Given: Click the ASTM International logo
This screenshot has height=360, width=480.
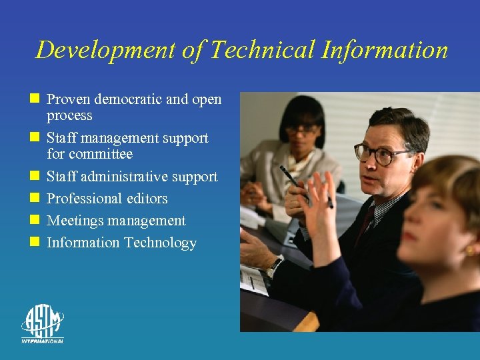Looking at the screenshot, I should click(x=42, y=324).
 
